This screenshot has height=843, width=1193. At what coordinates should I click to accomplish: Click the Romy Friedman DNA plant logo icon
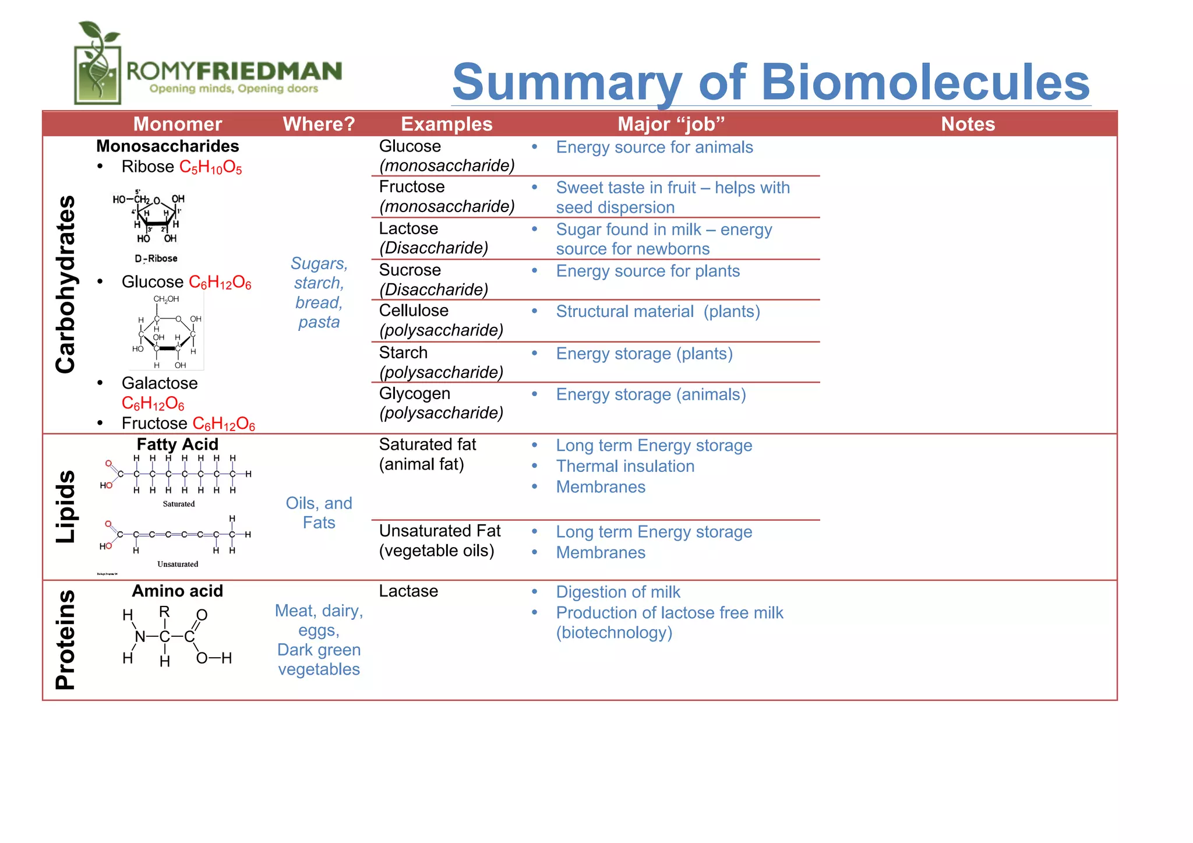point(98,64)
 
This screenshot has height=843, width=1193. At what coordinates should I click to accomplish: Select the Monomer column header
point(178,124)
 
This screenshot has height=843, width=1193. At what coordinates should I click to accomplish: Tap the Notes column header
point(968,124)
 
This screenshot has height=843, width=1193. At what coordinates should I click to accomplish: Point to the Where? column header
point(319,124)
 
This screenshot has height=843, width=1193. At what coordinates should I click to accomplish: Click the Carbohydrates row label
point(66,284)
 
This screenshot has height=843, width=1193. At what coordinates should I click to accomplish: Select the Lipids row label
point(66,506)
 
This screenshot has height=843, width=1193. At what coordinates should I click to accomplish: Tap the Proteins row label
point(66,640)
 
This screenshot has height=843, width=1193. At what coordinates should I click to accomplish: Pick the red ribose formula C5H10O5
point(210,168)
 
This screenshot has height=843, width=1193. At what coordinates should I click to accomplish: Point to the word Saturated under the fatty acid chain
point(179,504)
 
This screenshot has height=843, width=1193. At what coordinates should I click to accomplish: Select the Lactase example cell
point(408,591)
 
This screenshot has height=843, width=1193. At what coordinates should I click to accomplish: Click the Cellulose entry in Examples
point(414,311)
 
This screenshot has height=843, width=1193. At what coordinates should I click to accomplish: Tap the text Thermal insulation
point(625,466)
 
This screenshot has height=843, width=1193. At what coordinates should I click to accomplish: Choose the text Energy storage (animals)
point(651,395)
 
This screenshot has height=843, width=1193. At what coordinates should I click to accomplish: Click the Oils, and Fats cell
point(319,513)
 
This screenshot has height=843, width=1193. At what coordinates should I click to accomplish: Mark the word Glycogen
point(414,394)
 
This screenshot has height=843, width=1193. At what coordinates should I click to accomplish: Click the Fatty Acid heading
point(177,445)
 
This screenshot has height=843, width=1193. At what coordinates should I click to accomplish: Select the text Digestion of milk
point(618,592)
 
